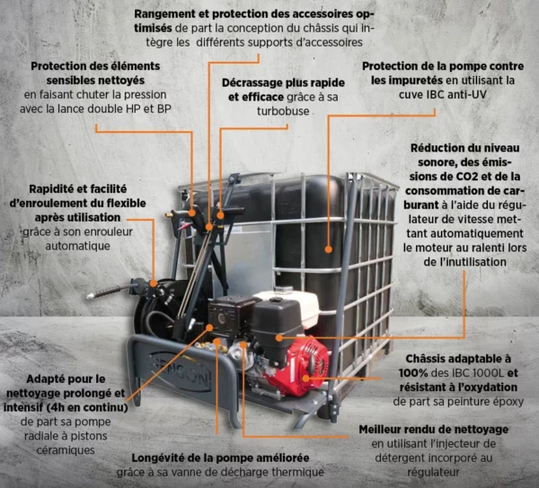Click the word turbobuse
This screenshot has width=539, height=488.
click(x=283, y=111)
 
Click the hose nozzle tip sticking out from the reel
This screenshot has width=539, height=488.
click(x=91, y=295)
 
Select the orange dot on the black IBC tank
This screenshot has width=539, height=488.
click(x=328, y=249)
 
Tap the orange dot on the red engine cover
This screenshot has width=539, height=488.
click(x=305, y=379)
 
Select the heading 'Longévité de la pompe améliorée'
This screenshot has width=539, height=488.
click(x=220, y=457)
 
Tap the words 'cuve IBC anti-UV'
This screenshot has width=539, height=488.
click(x=442, y=94)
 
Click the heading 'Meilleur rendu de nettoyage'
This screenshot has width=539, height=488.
click(x=434, y=430)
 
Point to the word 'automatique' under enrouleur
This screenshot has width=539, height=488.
click(x=77, y=246)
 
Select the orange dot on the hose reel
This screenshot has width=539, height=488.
click(x=154, y=283)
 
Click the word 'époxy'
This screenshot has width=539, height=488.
click(x=507, y=402)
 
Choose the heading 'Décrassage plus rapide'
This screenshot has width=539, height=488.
click(x=283, y=83)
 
